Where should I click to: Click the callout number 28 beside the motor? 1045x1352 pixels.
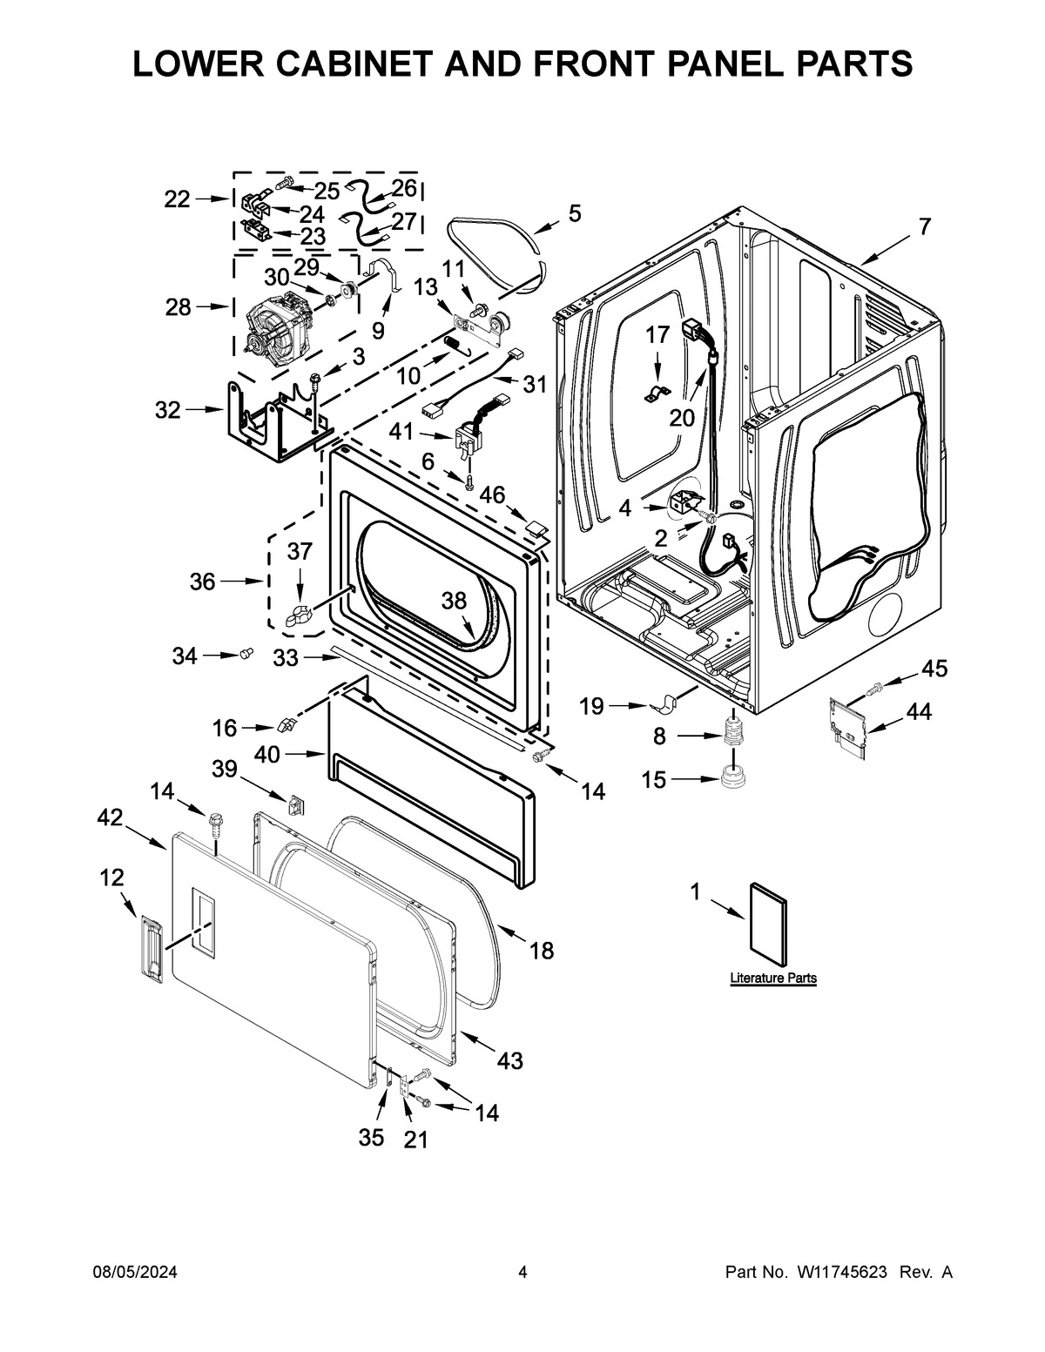tap(178, 307)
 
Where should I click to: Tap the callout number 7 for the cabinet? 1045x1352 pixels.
tap(923, 227)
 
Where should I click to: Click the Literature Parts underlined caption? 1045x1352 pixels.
tap(772, 979)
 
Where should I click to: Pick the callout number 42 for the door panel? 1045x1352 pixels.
tap(110, 816)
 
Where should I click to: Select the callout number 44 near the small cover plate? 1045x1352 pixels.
tap(918, 712)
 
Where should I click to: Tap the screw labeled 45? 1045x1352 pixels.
tap(874, 689)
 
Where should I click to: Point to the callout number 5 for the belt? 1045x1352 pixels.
tap(574, 213)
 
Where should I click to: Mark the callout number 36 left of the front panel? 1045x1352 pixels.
tap(202, 581)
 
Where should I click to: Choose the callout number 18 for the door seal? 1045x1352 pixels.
tap(541, 951)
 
